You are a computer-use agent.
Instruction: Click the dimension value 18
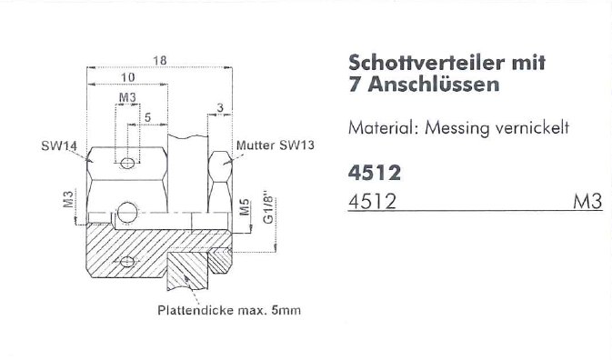tap(160, 61)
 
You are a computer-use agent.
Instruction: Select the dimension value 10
tap(127, 77)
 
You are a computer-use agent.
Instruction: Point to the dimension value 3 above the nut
tap(221, 108)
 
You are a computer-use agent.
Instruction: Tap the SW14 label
tap(59, 146)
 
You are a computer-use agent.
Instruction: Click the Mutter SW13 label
tap(276, 145)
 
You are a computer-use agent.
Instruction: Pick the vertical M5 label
tap(245, 206)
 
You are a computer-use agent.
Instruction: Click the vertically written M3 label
tap(68, 199)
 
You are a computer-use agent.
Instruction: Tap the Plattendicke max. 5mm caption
tap(229, 311)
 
